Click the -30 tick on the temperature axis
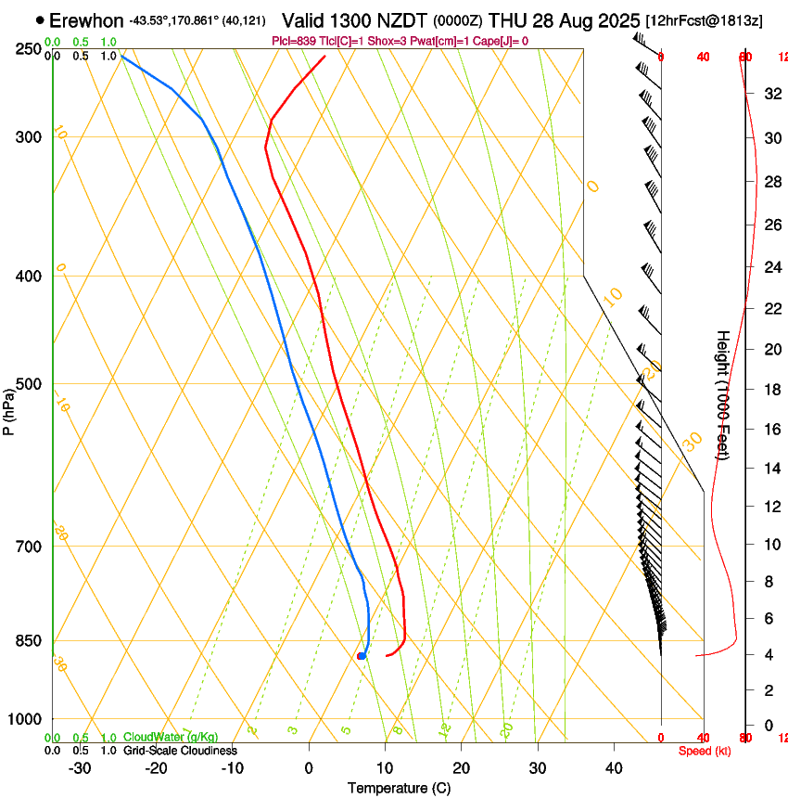(x=80, y=767)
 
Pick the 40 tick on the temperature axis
(x=613, y=767)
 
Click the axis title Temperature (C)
(x=399, y=788)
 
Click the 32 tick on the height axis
(x=770, y=94)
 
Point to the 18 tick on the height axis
(x=770, y=390)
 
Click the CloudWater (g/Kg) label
(x=171, y=737)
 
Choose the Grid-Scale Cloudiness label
(x=180, y=750)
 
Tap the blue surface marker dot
(x=361, y=656)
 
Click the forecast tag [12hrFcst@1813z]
(x=705, y=20)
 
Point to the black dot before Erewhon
(x=40, y=19)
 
